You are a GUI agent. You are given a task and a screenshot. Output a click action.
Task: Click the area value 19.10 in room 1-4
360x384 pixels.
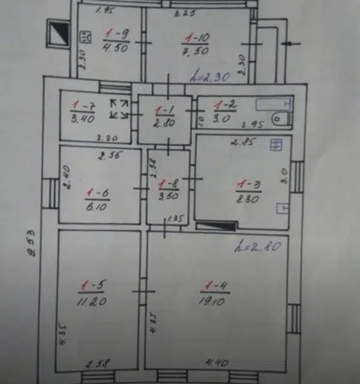pos(213,302)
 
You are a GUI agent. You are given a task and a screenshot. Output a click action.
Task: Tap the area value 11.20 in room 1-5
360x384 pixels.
pos(92,302)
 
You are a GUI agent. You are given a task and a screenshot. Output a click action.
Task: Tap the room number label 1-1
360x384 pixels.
pos(163,110)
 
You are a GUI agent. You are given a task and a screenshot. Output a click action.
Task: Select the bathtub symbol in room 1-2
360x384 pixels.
pos(274,104)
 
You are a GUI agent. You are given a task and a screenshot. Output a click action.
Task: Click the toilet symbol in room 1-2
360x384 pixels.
pos(281,119)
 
